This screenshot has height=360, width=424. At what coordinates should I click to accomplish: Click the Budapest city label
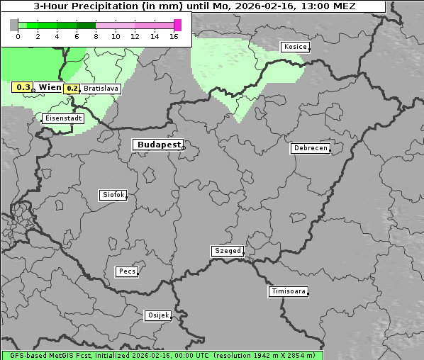tap(158, 145)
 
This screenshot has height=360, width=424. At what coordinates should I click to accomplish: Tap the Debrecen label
tap(310, 149)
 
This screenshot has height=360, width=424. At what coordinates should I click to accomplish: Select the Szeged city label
tap(227, 251)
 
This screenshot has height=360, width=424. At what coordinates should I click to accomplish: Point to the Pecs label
tap(127, 271)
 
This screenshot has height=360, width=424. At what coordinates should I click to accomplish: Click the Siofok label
tap(113, 194)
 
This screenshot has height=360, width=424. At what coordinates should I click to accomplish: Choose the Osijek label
tap(158, 315)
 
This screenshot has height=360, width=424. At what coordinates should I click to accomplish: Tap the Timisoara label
tap(289, 291)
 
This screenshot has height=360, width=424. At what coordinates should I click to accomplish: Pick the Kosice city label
tap(294, 47)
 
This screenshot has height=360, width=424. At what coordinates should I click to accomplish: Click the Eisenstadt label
tap(63, 118)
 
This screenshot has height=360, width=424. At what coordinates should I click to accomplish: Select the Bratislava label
tap(100, 89)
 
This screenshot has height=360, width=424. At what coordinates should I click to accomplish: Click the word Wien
tap(50, 87)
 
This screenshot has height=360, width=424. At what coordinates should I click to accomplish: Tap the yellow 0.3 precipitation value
tap(23, 87)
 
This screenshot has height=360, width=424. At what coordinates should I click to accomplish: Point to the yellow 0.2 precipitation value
tap(72, 89)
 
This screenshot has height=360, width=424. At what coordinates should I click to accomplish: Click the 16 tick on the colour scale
tap(174, 36)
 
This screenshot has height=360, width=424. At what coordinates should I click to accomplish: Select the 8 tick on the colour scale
tap(96, 36)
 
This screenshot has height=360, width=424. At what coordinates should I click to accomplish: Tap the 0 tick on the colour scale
tap(18, 36)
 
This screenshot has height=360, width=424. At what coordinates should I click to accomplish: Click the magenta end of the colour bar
tap(177, 25)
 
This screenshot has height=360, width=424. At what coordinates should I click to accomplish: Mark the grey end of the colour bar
tap(13, 25)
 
